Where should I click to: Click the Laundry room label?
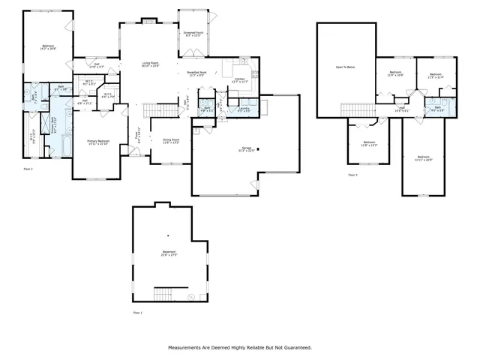[x=244, y=109]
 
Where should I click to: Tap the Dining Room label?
[x=172, y=140]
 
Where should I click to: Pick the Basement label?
[x=168, y=253]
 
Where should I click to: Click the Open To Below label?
[x=345, y=67]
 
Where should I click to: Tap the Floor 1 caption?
[x=137, y=311]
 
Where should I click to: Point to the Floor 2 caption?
[x=28, y=170]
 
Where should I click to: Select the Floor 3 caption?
[x=352, y=175]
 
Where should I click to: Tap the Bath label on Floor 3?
[x=438, y=108]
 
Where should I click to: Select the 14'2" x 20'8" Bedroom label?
[x=47, y=46]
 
